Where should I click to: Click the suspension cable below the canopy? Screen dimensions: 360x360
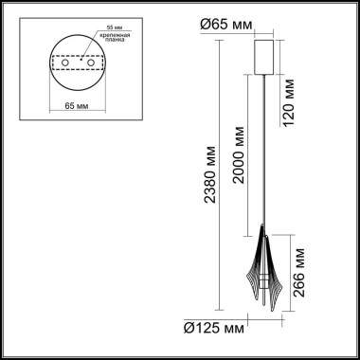pyautogui.click(x=262, y=152)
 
